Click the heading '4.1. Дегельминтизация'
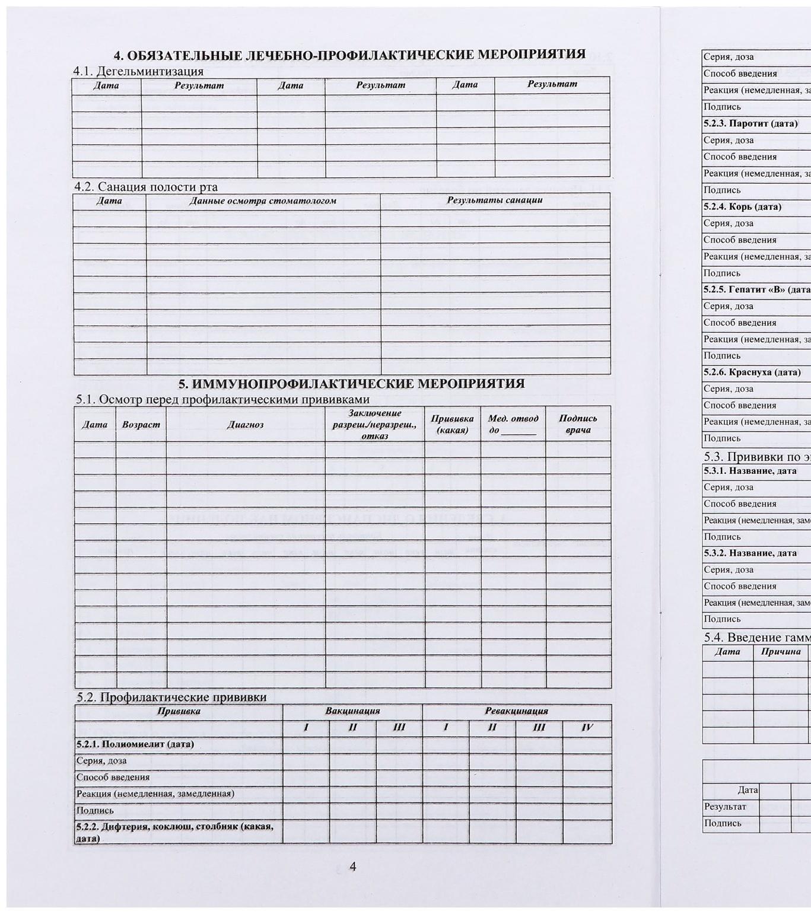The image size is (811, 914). (x=138, y=71)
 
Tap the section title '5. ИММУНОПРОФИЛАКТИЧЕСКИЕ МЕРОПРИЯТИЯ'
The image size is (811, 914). (x=351, y=383)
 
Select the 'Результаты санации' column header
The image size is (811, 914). (x=495, y=200)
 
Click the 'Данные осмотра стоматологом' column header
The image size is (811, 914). (x=263, y=200)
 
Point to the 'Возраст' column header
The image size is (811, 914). (x=141, y=425)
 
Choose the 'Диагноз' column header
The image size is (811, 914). (x=245, y=425)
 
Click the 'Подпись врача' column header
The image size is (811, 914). (x=578, y=424)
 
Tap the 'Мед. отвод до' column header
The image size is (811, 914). (x=513, y=424)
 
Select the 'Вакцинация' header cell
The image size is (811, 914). (x=352, y=711)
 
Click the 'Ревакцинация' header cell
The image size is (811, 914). (x=516, y=711)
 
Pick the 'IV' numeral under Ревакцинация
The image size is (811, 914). (x=587, y=728)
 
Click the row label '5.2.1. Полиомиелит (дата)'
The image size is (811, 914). (x=135, y=744)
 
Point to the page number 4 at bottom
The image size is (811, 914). (x=352, y=867)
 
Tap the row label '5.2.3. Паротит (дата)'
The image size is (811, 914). (x=750, y=123)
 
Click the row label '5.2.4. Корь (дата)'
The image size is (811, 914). (x=742, y=206)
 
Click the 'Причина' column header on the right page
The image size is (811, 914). (x=781, y=652)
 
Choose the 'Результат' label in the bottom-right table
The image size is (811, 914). (x=724, y=807)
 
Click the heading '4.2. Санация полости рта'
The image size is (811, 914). (x=146, y=187)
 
